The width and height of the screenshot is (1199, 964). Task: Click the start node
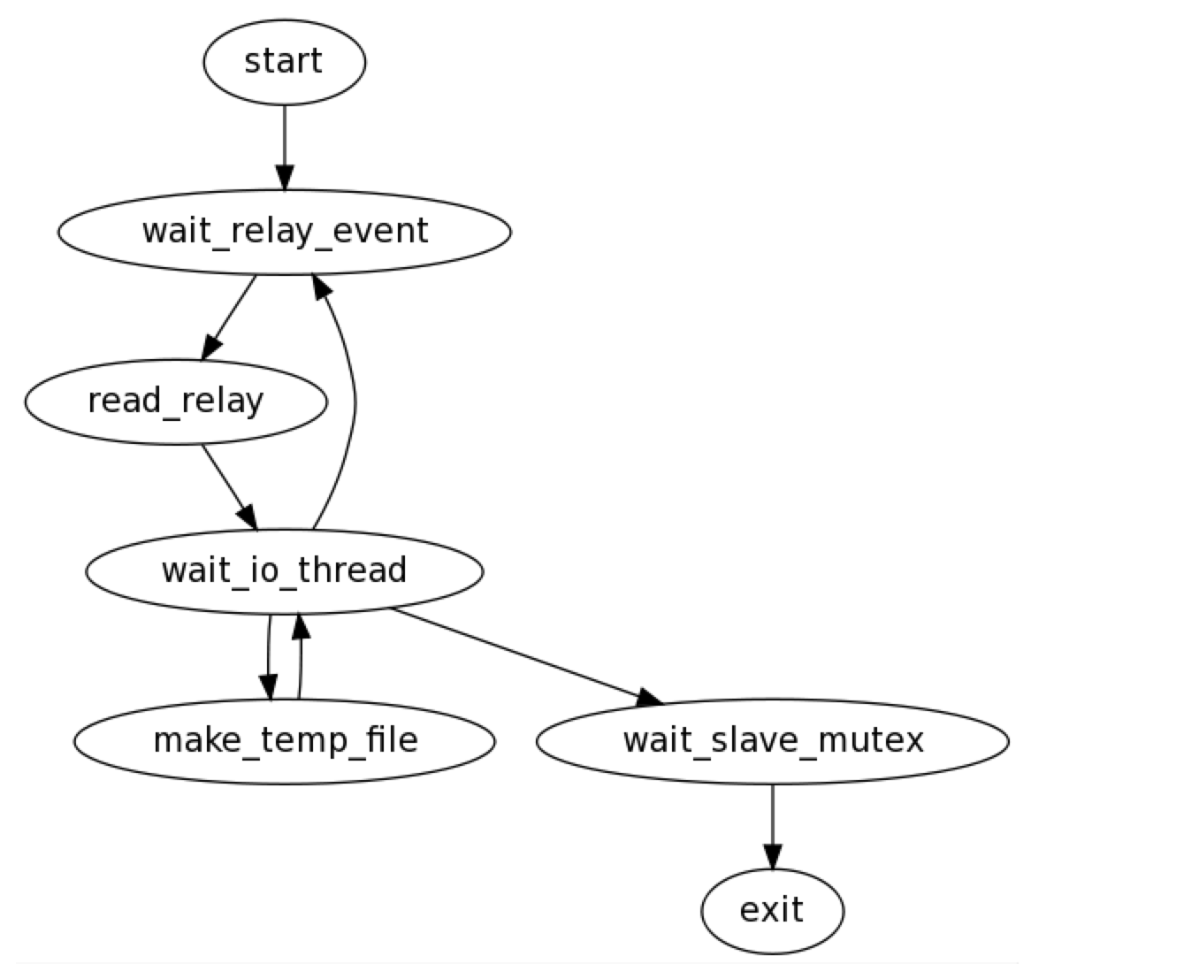point(284,62)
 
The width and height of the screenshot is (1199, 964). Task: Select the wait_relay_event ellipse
point(284,232)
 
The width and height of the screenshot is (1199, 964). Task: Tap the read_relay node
point(175,402)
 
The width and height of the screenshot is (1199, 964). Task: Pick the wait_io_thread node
point(284,570)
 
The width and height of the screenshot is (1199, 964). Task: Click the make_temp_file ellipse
point(284,740)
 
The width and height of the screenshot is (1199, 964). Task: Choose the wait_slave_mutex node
point(772,740)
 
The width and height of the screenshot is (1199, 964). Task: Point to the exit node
point(772,910)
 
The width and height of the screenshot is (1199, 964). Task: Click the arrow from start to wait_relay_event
point(284,142)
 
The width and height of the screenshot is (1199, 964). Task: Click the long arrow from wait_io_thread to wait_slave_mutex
point(522,654)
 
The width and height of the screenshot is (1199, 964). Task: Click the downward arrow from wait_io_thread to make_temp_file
point(268,654)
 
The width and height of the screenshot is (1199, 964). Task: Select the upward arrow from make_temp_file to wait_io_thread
point(300,659)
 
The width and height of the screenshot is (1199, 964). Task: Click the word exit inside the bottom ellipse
point(772,910)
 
